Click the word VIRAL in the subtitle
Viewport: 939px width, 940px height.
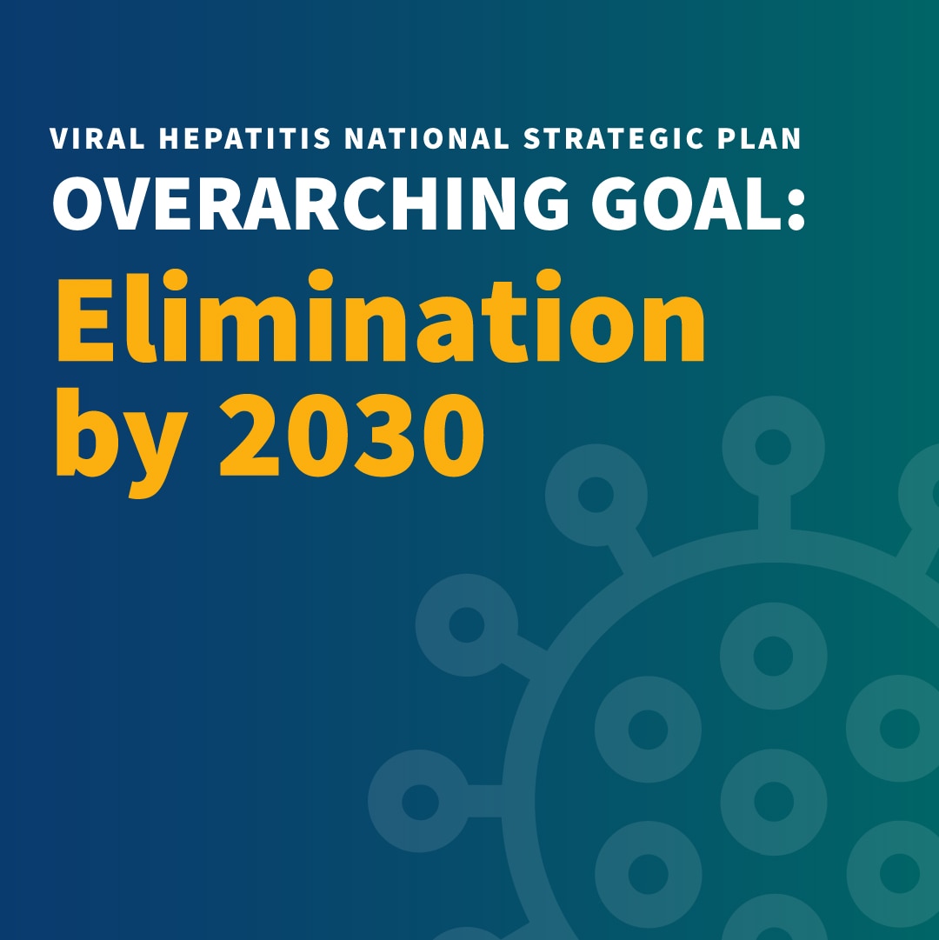click(97, 138)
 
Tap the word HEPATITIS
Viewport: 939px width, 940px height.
click(244, 138)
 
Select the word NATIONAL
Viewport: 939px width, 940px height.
click(427, 138)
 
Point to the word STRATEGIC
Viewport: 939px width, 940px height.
click(613, 138)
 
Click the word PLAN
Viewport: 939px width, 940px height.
click(759, 138)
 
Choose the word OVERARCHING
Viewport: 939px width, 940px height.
click(310, 203)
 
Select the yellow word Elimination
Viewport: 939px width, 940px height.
click(381, 316)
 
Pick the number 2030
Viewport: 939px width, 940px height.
click(352, 436)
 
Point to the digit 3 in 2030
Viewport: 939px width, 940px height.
click(383, 436)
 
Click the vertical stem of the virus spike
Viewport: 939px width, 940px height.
click(774, 513)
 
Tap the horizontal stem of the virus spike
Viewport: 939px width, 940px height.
click(485, 801)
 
